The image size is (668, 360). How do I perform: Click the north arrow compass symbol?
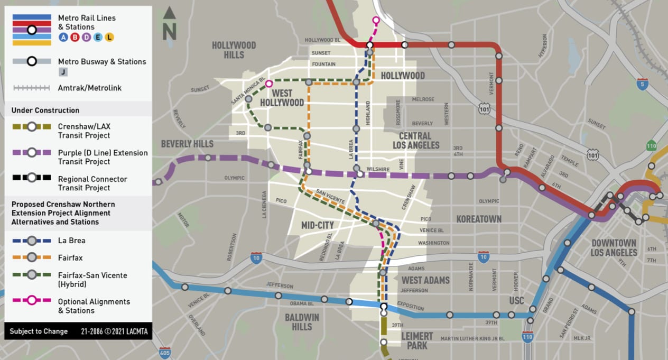click(169, 23)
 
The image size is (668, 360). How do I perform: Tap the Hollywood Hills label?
click(234, 50)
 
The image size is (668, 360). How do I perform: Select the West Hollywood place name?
click(282, 98)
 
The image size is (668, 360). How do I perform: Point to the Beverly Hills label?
click(187, 144)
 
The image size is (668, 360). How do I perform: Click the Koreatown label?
click(479, 218)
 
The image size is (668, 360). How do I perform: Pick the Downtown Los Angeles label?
click(614, 247)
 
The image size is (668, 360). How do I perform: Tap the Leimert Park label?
click(416, 340)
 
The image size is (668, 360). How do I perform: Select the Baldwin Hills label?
click(302, 322)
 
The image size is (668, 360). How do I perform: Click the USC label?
click(516, 300)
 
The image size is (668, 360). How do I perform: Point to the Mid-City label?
click(317, 225)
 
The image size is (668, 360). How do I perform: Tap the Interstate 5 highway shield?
click(642, 84)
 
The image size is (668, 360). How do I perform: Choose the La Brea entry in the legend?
click(71, 241)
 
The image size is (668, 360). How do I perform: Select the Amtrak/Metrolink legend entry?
click(89, 88)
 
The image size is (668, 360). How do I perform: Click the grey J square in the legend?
click(63, 72)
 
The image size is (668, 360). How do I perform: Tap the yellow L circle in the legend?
click(109, 37)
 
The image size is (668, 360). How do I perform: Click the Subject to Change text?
click(39, 331)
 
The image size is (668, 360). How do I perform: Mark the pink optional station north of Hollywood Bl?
click(376, 21)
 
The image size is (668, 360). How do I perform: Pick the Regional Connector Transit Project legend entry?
click(92, 183)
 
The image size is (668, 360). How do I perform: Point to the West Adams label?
click(425, 280)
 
